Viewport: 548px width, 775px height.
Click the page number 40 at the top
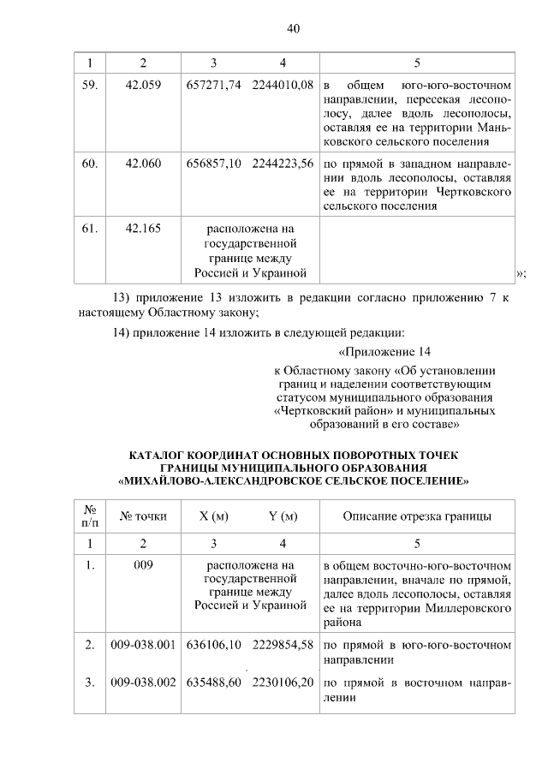(292, 28)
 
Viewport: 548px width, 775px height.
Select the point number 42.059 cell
(143, 86)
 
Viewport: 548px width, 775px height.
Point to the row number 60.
(90, 164)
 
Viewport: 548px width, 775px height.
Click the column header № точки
(143, 516)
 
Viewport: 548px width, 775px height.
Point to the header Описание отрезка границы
(417, 516)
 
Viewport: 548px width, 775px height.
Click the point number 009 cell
(143, 565)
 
